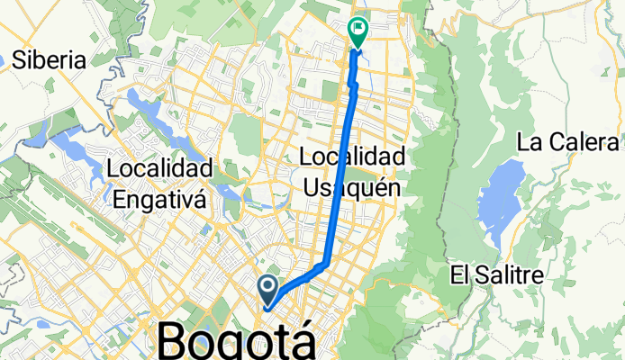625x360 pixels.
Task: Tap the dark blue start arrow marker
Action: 268,288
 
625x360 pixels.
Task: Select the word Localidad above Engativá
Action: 159,168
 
